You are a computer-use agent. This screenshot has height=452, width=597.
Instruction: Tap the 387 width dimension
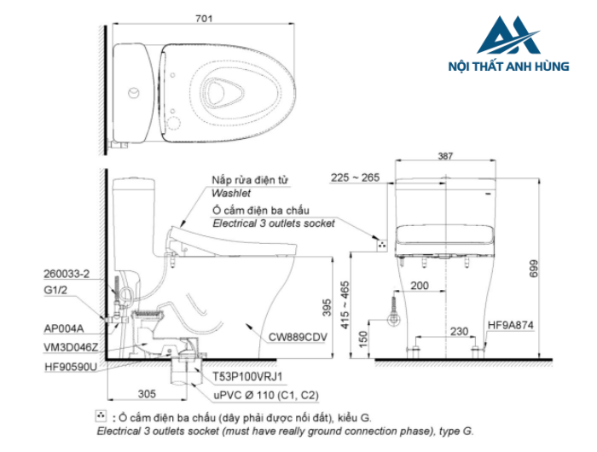(443, 157)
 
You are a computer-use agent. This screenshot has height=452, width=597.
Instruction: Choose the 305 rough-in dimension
(148, 394)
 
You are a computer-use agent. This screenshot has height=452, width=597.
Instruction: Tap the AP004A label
(62, 327)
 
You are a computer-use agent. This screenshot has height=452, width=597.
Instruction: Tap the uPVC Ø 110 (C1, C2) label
(254, 395)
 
